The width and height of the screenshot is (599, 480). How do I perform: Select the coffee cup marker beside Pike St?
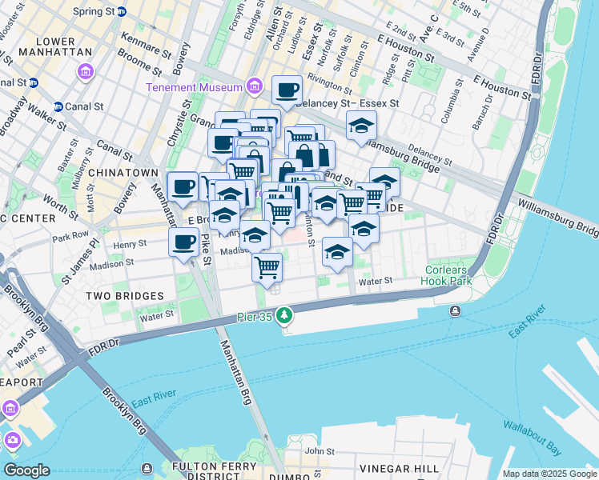183,242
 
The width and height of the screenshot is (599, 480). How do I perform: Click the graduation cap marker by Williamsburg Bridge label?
361,126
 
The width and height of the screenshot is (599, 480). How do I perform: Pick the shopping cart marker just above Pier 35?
267,267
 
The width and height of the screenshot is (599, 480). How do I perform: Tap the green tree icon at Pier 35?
284,317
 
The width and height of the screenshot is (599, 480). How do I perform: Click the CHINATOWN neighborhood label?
123,173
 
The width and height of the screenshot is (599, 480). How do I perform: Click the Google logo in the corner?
26,470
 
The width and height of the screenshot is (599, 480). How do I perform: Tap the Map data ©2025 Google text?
549,474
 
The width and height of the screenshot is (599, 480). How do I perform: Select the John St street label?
319,452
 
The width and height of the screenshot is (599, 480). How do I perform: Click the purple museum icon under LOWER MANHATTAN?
84,74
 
